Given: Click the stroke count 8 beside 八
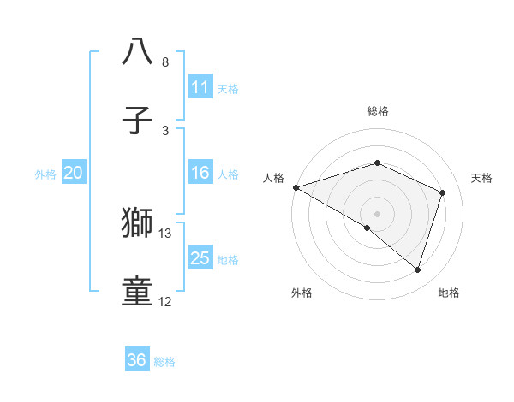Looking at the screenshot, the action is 164,62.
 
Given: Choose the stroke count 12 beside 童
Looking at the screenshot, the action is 165,302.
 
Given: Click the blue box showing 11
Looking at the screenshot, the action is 200,87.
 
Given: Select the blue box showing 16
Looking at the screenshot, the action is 200,173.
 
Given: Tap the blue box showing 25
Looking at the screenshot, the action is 200,258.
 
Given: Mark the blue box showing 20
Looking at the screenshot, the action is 73,173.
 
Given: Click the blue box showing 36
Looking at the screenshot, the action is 137,360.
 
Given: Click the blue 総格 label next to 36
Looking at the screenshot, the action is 164,362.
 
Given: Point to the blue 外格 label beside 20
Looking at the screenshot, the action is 45,174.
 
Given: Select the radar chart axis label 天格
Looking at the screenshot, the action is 482,178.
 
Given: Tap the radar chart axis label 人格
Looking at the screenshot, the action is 273,178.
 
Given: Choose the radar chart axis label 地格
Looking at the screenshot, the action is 449,293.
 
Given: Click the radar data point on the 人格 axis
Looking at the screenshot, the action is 296,187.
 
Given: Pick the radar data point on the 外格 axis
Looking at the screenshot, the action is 368,228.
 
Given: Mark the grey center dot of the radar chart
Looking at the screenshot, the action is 377,213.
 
